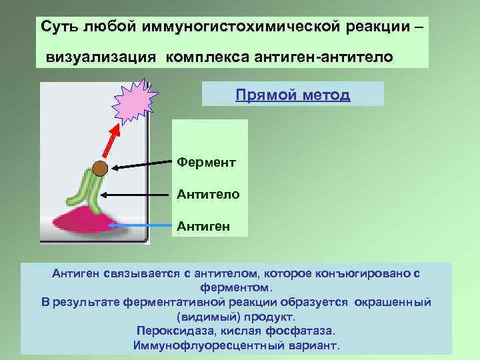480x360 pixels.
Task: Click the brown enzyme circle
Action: (99, 169)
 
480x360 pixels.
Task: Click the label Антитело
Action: (203, 195)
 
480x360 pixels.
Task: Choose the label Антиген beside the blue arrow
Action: (203, 227)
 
